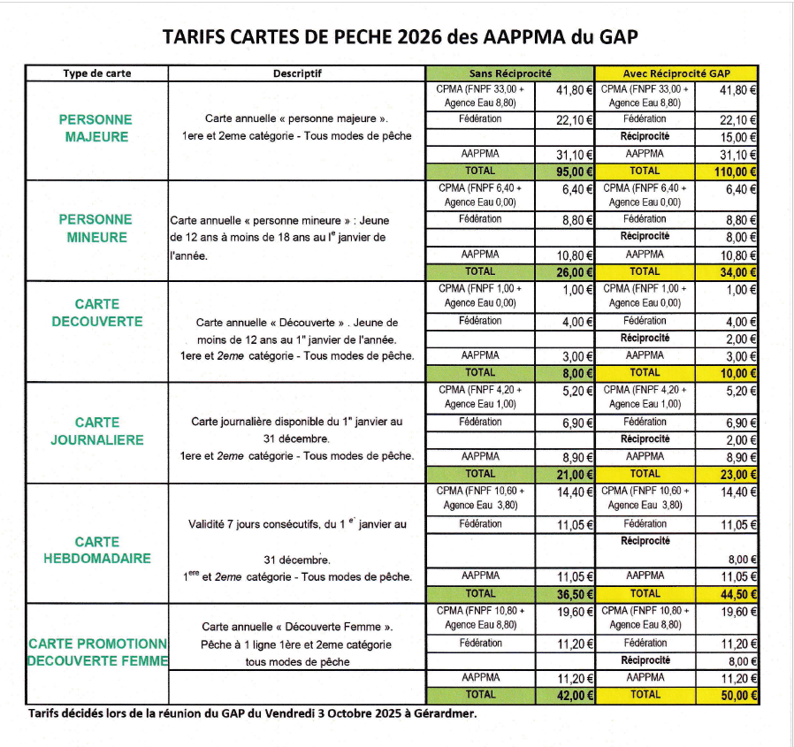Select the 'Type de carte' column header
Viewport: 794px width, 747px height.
point(97,73)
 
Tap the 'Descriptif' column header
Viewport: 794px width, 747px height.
point(297,73)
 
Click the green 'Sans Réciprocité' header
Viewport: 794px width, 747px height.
point(510,73)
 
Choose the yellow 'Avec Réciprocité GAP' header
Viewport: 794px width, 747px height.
point(676,73)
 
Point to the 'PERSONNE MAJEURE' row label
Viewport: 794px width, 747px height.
point(96,128)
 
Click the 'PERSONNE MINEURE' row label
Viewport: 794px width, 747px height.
point(96,228)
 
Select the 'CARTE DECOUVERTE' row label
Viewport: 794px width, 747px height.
point(96,313)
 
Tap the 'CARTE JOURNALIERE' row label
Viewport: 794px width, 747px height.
point(96,431)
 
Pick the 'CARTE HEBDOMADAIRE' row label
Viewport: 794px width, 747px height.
point(96,550)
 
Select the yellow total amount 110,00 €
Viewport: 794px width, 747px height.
point(735,172)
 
